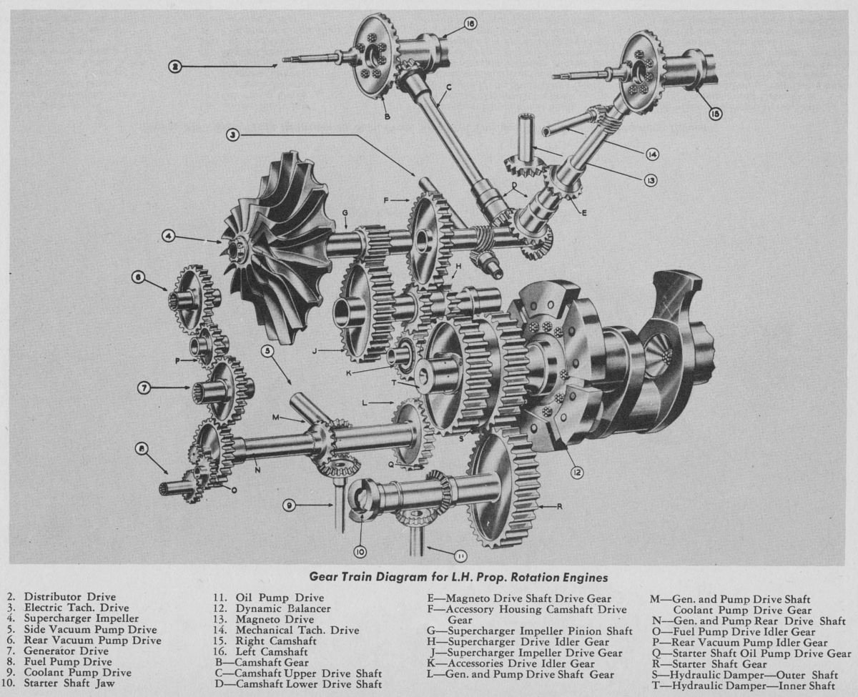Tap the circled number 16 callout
470,24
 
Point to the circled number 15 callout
715,114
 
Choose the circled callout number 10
359,551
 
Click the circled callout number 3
232,134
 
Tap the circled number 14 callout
651,154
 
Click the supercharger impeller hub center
235,248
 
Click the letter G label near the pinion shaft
345,212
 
